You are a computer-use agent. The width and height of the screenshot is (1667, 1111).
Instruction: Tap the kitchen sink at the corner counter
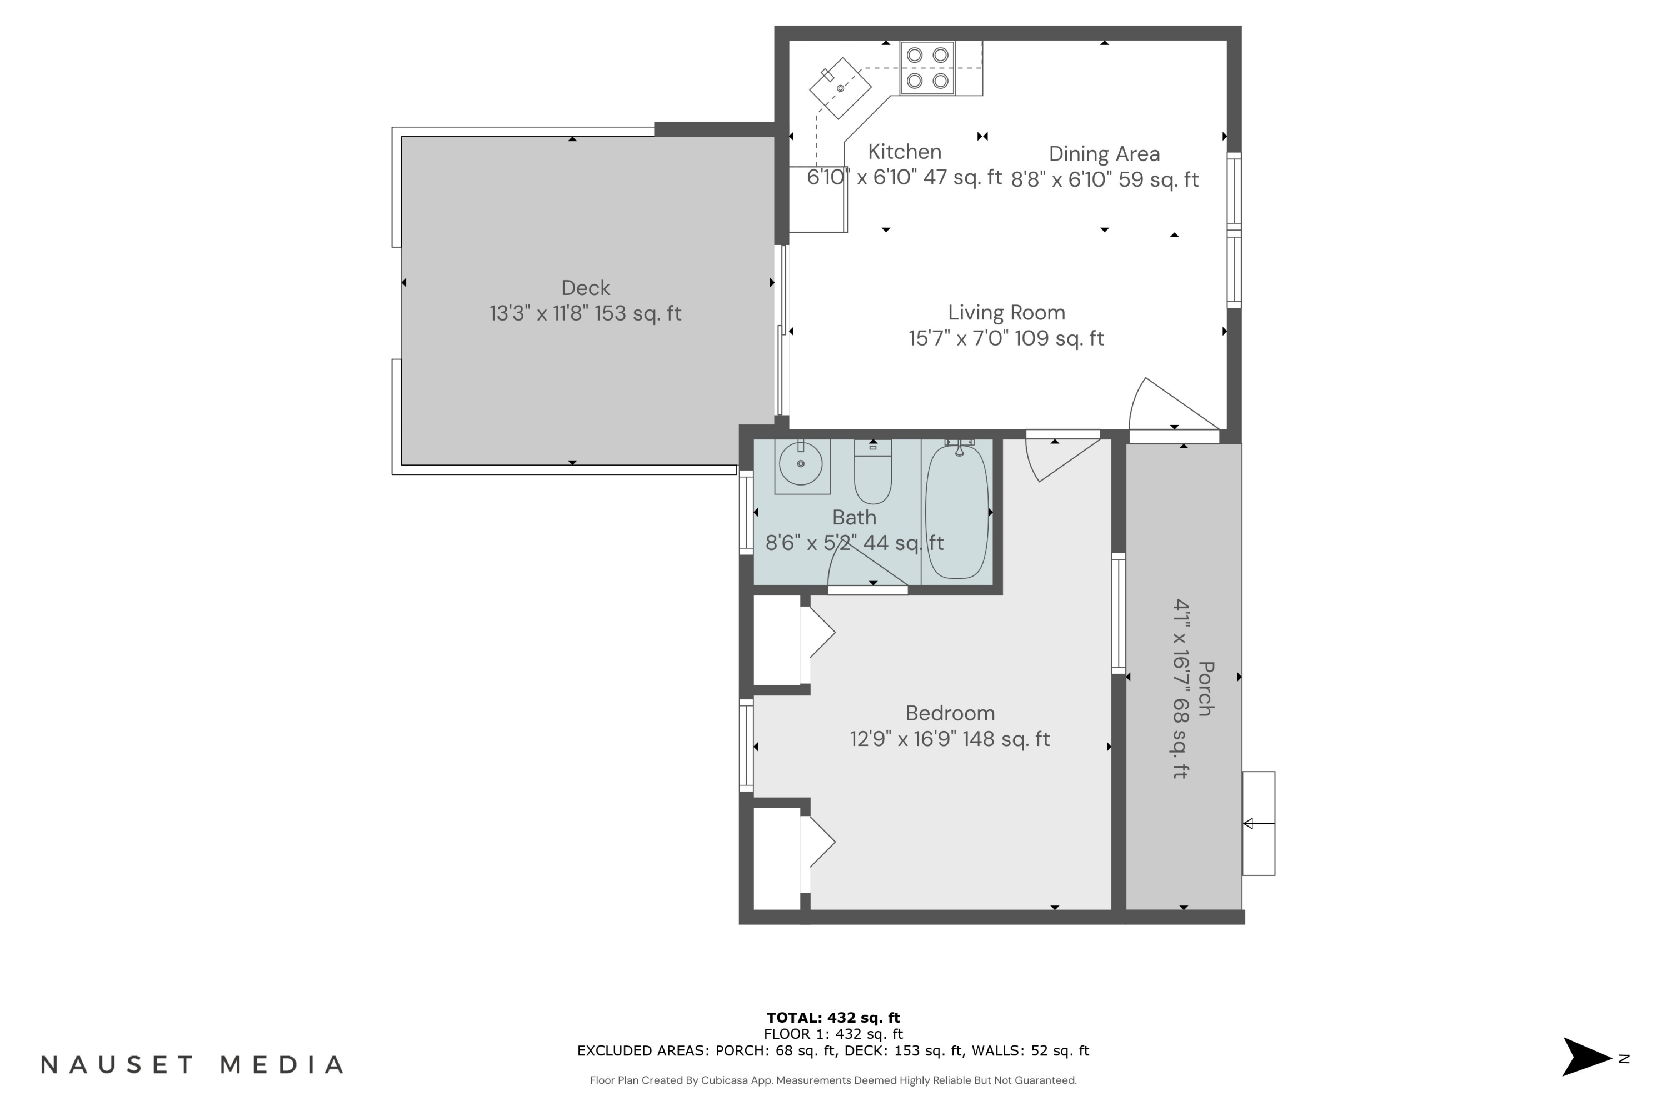click(841, 88)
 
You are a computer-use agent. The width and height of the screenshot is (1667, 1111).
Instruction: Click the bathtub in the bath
click(957, 512)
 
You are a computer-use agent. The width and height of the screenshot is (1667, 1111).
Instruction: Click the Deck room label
click(586, 288)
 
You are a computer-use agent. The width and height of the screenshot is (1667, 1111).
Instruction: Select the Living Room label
click(1006, 312)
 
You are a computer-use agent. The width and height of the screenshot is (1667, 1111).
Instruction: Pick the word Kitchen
click(905, 152)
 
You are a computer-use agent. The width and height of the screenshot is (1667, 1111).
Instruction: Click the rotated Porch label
click(1206, 689)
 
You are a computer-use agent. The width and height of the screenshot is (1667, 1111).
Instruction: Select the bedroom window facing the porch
click(1119, 613)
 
